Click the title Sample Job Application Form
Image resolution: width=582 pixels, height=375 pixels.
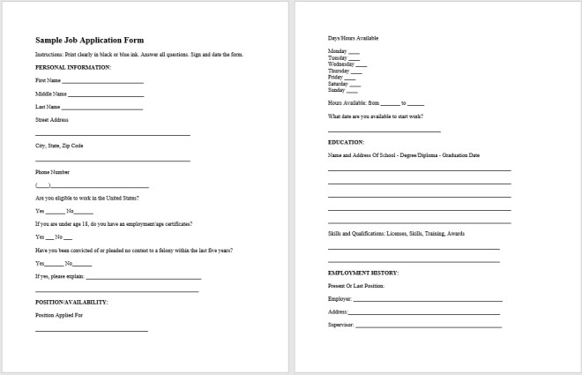tap(89, 41)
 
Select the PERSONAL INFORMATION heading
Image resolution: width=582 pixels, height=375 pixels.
tap(73, 67)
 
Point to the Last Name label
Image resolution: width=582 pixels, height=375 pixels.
tap(48, 107)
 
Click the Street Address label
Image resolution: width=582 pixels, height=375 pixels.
tap(52, 119)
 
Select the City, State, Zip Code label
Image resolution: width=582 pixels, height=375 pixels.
tap(59, 145)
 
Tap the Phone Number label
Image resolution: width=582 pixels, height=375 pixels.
tap(53, 171)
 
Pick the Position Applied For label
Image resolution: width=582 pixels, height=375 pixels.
tap(58, 314)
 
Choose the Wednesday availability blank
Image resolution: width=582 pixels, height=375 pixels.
tap(361, 65)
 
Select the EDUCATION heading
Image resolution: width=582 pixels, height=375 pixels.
tap(346, 142)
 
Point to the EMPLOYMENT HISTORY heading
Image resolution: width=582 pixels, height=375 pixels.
tap(363, 273)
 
